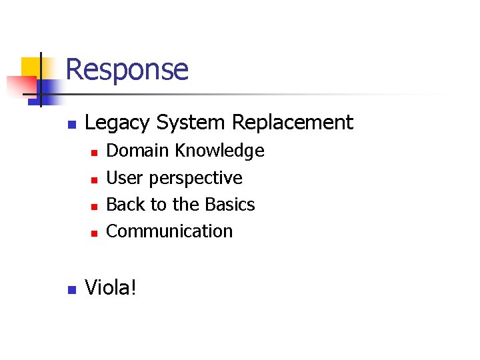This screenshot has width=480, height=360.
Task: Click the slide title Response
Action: (x=127, y=69)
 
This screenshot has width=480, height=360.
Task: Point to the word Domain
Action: (x=138, y=151)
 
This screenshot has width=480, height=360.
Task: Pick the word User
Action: (x=125, y=178)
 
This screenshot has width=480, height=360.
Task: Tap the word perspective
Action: (x=196, y=179)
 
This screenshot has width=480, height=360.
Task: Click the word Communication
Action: (x=169, y=231)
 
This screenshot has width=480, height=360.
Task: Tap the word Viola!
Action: (x=110, y=289)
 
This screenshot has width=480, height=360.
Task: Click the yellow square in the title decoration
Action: (x=31, y=67)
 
